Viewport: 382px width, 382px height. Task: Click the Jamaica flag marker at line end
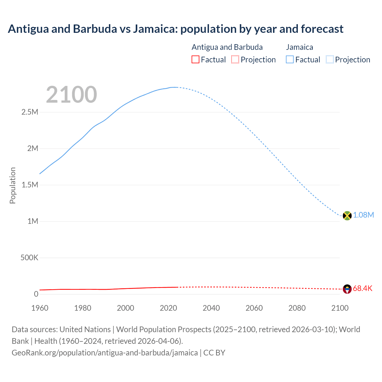click(347, 215)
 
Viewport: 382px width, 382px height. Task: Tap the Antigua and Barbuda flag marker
click(347, 289)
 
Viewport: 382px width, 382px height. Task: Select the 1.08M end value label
click(363, 215)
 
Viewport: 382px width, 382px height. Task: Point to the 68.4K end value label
click(363, 289)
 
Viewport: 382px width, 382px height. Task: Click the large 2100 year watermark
click(71, 95)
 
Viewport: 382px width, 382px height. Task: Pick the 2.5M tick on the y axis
click(30, 112)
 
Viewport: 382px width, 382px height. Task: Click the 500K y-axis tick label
click(29, 258)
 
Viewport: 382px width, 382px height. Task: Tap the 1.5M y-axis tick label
click(30, 185)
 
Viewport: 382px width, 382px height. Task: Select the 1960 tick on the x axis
click(40, 308)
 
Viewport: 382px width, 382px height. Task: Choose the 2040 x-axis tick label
click(211, 308)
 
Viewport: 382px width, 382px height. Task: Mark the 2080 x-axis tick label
click(297, 308)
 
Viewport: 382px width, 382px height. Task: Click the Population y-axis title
click(13, 185)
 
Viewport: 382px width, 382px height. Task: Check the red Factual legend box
click(195, 60)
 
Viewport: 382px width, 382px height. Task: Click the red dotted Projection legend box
click(235, 60)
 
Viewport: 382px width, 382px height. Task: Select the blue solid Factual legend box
click(290, 60)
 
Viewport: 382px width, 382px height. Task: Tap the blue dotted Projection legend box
click(330, 60)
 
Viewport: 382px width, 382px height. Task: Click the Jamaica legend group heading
click(300, 47)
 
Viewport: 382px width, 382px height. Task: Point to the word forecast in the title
click(322, 29)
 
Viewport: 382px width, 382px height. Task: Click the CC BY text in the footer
click(214, 353)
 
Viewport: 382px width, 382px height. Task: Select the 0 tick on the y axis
click(36, 294)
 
